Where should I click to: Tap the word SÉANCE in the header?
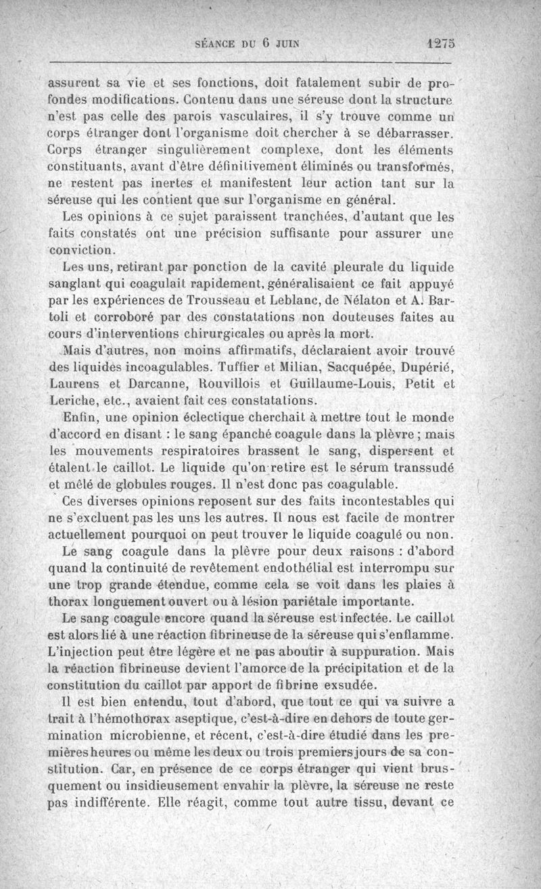coord(214,45)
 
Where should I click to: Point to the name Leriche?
coord(74,402)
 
